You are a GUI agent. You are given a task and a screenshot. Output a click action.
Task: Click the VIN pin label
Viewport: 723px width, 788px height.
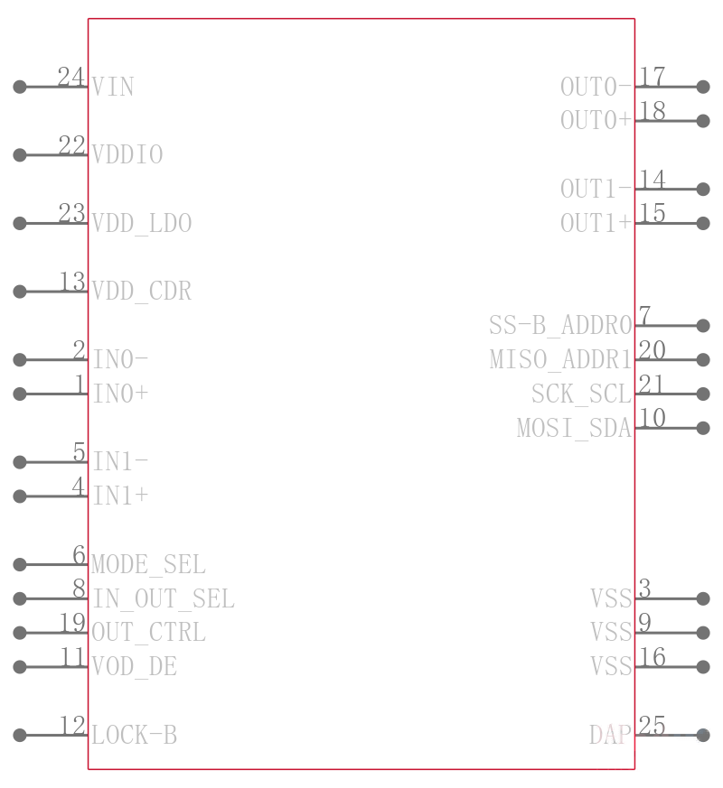[113, 87]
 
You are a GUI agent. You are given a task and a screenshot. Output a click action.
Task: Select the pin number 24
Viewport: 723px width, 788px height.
[70, 77]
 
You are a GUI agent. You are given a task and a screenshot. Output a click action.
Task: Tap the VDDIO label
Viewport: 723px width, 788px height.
[127, 154]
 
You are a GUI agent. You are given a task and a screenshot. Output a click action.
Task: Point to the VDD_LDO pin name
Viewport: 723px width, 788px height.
[142, 223]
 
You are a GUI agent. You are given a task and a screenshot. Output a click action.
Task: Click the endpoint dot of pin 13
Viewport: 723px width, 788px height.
[20, 292]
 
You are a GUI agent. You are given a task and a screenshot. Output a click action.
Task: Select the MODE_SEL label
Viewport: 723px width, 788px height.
[148, 564]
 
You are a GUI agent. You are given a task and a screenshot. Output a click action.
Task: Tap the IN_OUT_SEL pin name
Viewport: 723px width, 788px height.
[164, 598]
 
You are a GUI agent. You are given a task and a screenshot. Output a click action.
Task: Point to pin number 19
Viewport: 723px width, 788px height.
[72, 623]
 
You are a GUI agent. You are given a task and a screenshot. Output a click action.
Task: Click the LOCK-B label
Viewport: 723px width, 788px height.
[135, 736]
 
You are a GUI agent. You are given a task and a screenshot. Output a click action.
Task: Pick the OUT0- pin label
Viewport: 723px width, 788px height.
[596, 87]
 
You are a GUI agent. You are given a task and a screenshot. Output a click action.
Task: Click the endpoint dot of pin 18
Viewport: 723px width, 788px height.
[703, 121]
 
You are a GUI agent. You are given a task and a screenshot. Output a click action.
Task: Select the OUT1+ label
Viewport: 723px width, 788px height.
[596, 223]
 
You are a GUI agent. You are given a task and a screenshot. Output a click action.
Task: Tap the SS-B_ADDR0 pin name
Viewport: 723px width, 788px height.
[560, 326]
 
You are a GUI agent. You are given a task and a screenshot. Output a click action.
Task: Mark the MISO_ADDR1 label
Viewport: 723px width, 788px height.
[560, 360]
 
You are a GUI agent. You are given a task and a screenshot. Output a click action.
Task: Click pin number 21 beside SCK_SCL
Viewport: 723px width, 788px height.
[652, 385]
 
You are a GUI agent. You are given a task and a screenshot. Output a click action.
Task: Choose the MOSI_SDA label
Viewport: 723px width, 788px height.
[574, 428]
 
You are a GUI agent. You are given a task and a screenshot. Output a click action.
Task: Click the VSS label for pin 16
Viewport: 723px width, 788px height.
[611, 667]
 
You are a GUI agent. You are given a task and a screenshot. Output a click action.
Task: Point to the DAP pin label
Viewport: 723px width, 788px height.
[610, 736]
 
